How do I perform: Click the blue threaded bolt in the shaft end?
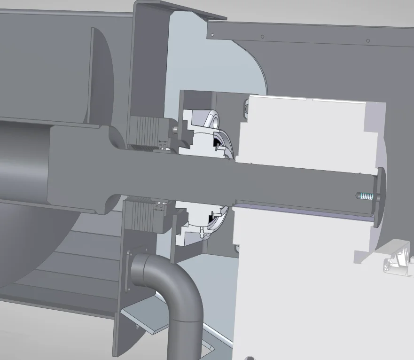point(364,195)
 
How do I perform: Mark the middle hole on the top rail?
point(263,37)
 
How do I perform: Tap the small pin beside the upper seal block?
point(175,128)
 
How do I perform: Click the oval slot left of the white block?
point(244,109)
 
